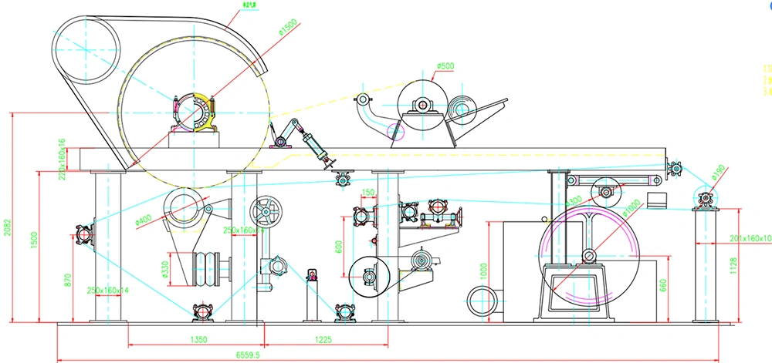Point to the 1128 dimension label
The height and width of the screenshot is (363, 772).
tap(733, 266)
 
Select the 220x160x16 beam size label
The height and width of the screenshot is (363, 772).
tap(62, 157)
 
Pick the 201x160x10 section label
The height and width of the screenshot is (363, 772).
tap(750, 238)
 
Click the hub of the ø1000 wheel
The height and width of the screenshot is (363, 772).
tap(591, 254)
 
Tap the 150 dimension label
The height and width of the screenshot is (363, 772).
tap(367, 192)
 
